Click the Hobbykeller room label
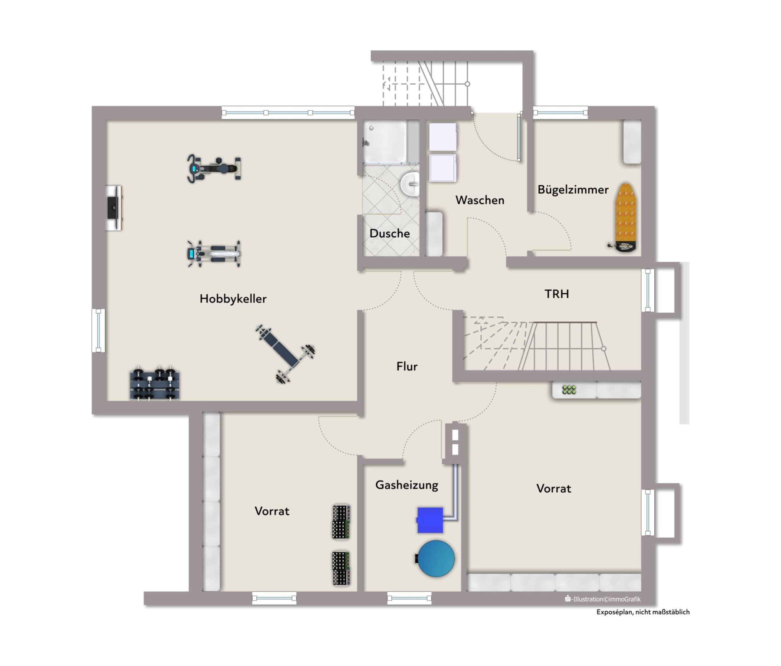(x=233, y=299)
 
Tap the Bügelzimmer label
(x=573, y=190)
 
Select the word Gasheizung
(x=407, y=485)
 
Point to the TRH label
(x=557, y=294)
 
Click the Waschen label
(x=480, y=200)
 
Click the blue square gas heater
(x=430, y=520)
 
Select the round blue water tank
(x=436, y=559)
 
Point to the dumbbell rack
(x=155, y=383)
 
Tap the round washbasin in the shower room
(x=410, y=184)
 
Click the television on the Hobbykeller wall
(x=113, y=207)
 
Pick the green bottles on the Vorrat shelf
(x=569, y=390)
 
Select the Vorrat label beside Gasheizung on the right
(x=554, y=489)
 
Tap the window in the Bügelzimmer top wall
(x=560, y=112)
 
